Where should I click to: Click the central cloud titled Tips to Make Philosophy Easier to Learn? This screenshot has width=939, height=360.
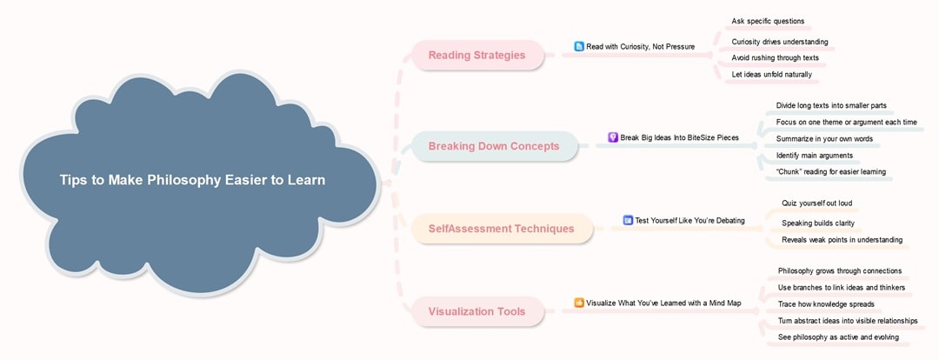click(x=192, y=181)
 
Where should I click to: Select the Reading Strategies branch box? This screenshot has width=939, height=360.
click(x=477, y=56)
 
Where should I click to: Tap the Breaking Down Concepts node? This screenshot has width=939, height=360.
click(x=493, y=146)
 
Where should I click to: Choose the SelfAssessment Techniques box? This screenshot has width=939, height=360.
click(x=501, y=229)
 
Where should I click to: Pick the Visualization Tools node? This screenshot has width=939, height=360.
click(x=476, y=311)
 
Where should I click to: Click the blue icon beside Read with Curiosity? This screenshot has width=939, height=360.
click(x=579, y=46)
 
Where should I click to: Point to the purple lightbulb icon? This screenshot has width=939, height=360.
click(x=613, y=137)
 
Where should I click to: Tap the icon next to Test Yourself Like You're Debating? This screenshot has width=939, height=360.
click(x=628, y=220)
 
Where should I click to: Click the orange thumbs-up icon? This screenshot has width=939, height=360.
click(x=579, y=303)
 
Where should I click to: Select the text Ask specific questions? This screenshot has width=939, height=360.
click(x=768, y=21)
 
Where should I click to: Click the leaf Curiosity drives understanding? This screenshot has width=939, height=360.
click(x=779, y=42)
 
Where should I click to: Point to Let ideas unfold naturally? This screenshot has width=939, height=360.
click(x=771, y=74)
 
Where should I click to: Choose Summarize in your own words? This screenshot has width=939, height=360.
click(x=824, y=138)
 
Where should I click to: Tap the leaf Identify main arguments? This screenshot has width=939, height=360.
click(x=815, y=155)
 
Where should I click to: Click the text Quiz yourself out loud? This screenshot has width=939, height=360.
click(x=816, y=203)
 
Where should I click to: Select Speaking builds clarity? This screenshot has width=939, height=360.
click(x=817, y=223)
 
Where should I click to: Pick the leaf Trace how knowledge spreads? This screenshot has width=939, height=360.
click(x=826, y=303)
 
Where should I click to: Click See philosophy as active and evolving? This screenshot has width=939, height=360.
click(x=838, y=337)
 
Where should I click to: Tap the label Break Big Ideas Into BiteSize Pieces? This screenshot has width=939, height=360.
click(x=679, y=137)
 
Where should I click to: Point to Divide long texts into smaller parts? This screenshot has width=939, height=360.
click(x=831, y=105)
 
